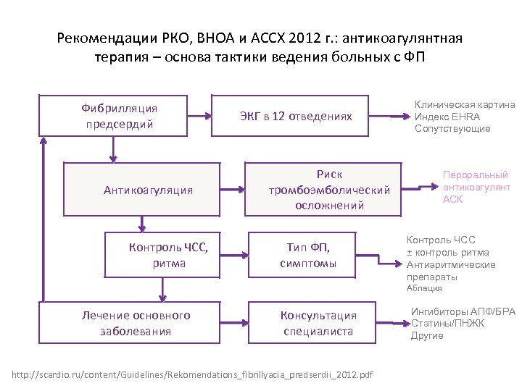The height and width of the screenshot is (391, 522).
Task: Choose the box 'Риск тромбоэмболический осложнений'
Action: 323,190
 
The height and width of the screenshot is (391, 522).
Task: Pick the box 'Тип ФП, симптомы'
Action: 308,254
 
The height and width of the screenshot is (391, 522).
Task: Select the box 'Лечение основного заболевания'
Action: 136,324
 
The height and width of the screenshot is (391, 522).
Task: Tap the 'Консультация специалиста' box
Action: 313,324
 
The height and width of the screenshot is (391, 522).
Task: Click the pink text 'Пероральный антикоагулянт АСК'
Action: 475,187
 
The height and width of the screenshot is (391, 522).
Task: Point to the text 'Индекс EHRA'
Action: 447,117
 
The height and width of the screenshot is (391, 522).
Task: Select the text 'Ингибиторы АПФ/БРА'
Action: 463,312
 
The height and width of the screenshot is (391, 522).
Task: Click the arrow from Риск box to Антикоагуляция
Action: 232,190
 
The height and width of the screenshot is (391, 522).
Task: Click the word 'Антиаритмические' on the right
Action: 450,264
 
